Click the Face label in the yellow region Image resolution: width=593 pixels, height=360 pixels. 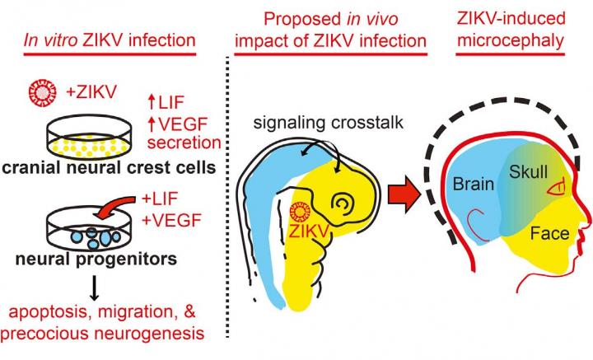tap(549, 234)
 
